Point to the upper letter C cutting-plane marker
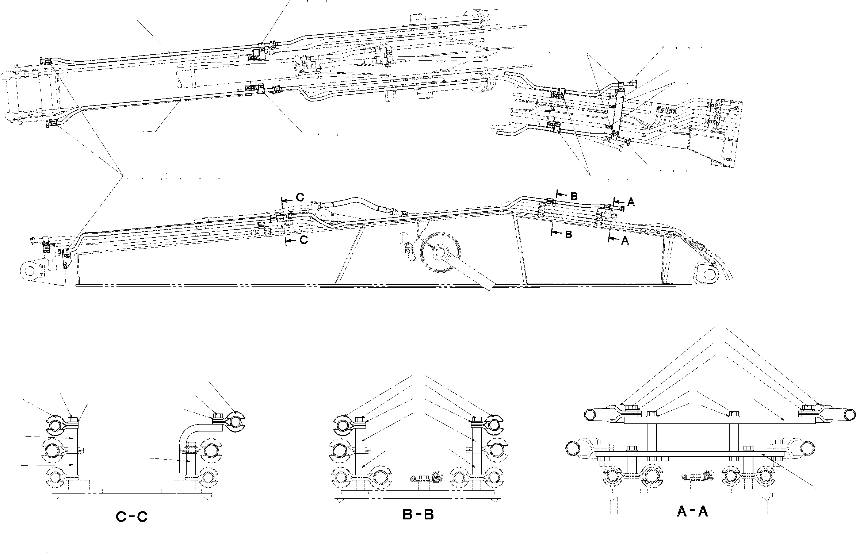(300, 197)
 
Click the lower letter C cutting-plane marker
(303, 240)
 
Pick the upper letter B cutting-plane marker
(574, 196)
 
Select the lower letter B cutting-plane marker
(568, 235)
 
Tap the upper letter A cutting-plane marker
(631, 203)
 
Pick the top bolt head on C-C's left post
(72, 419)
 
